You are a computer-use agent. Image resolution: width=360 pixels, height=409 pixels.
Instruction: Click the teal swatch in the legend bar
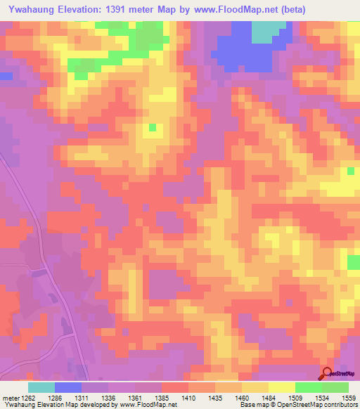(x=41, y=387)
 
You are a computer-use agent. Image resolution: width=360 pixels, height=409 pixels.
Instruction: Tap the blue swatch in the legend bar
(x=68, y=387)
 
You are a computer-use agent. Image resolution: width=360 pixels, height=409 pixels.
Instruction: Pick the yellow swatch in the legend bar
(x=281, y=387)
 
